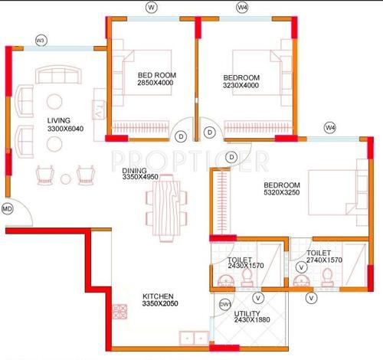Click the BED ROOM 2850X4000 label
(x=155, y=79)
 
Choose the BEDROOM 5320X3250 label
(x=283, y=190)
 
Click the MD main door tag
(x=8, y=208)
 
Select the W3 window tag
(x=41, y=39)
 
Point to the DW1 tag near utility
(x=225, y=304)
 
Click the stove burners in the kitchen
(x=120, y=313)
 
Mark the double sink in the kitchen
(x=191, y=335)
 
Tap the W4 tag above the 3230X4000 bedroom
(x=242, y=8)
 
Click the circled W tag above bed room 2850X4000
(x=152, y=8)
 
